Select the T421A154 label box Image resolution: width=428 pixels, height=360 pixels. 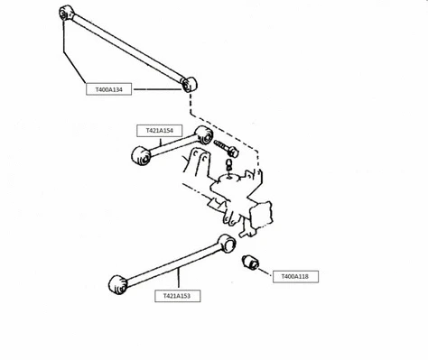tap(155, 130)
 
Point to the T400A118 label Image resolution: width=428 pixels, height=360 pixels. tap(295, 276)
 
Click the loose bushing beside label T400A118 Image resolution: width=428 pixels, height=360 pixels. tap(251, 263)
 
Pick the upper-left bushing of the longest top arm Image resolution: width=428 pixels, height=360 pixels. tap(64, 14)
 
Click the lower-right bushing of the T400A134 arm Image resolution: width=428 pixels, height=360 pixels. tap(190, 84)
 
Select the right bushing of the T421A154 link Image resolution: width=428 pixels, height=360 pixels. tap(204, 137)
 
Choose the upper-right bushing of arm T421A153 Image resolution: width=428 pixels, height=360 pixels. tap(227, 242)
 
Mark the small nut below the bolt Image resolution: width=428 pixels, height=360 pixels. tap(228, 163)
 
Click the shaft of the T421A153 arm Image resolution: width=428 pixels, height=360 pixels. tap(172, 263)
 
